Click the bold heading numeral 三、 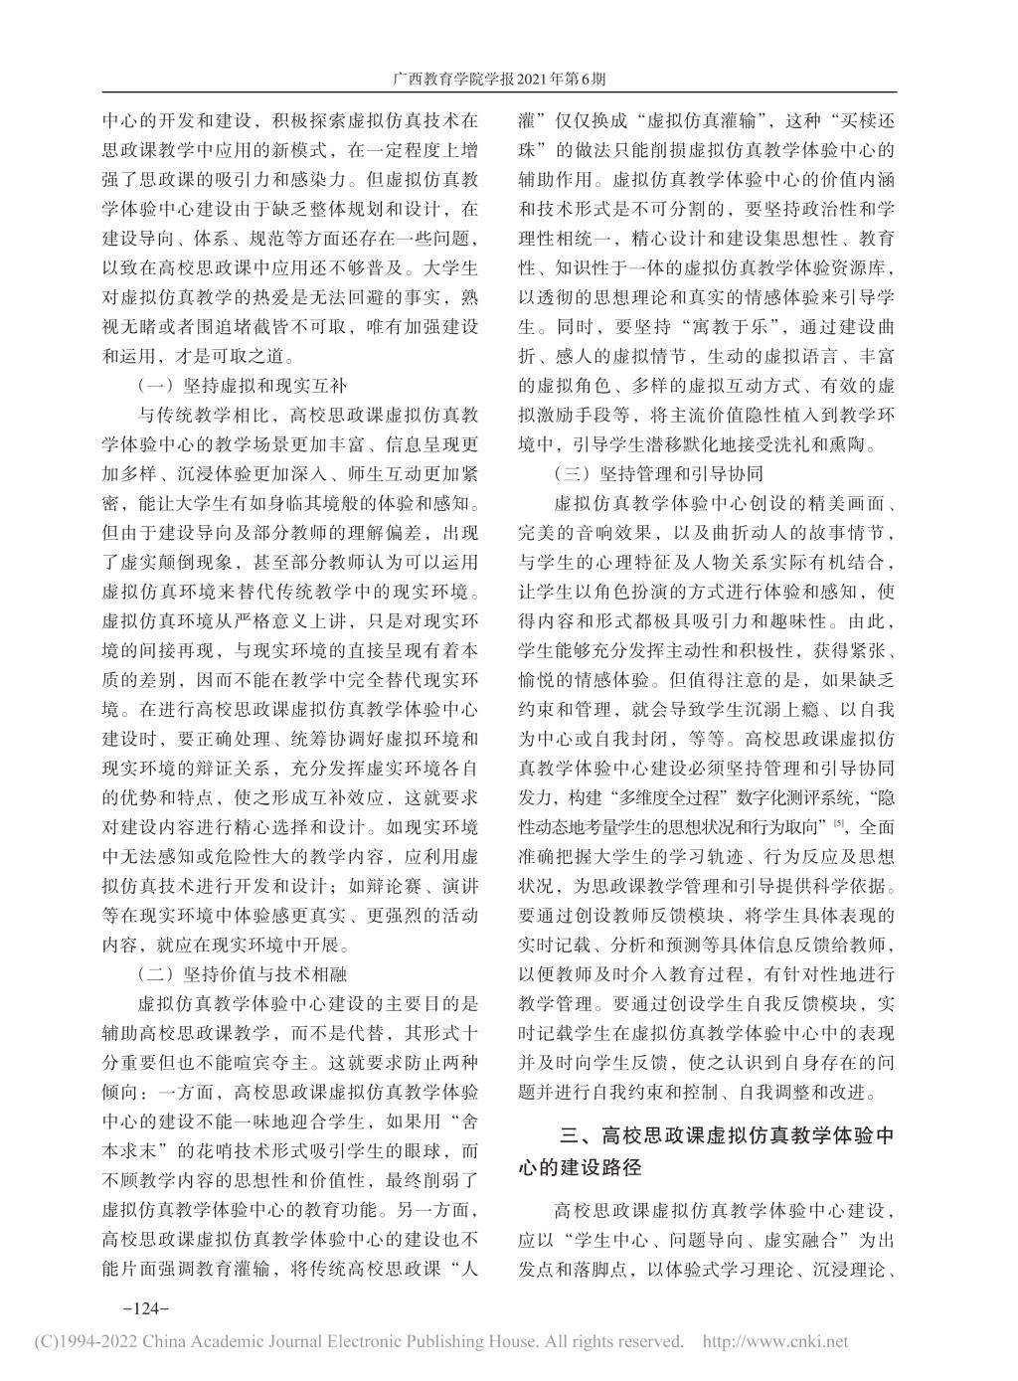click(578, 1135)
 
